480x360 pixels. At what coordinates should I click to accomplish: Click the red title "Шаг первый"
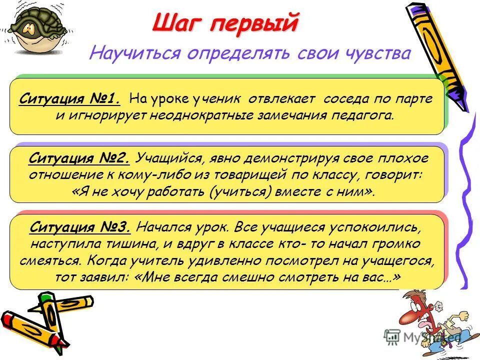[225, 23]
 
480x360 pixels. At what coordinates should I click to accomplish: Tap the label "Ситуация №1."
[70, 98]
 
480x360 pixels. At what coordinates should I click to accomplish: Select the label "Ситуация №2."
[80, 158]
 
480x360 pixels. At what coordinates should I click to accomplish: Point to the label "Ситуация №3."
[80, 228]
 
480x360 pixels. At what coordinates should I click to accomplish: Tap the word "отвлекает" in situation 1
[283, 98]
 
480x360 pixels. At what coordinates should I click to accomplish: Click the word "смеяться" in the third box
[50, 261]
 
